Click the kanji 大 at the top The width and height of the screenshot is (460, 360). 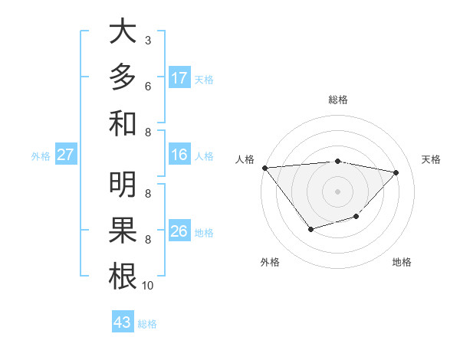[x=123, y=31]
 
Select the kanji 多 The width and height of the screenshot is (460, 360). [x=123, y=77]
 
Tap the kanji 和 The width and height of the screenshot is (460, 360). [x=123, y=123]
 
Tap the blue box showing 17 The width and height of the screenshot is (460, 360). [x=179, y=78]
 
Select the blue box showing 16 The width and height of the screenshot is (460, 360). [x=179, y=155]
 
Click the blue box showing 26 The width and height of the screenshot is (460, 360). [x=179, y=231]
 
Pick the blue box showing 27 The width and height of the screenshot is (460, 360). [x=66, y=155]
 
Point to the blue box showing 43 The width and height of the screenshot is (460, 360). [x=123, y=322]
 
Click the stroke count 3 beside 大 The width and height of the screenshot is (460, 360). [x=148, y=40]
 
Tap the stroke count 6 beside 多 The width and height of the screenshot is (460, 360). [x=148, y=86]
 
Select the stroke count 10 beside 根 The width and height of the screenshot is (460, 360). [x=148, y=286]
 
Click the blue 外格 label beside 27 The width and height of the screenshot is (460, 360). [x=41, y=156]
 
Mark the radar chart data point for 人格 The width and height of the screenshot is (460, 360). [x=264, y=168]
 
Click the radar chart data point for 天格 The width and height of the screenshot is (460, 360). [x=396, y=172]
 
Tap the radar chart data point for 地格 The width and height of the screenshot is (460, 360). [x=356, y=217]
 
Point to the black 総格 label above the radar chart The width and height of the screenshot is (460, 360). [x=338, y=100]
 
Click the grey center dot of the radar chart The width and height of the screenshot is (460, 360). [x=338, y=191]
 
